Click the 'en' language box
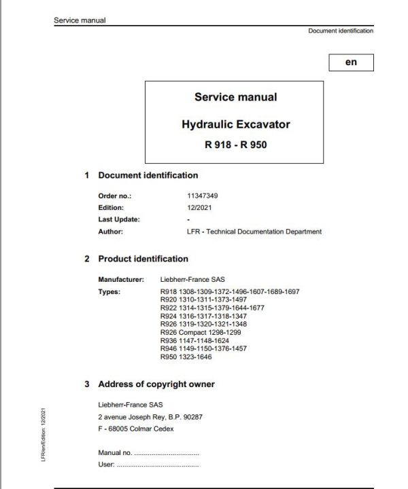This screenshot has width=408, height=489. pos(350,62)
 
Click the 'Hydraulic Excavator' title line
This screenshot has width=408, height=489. pos(236,124)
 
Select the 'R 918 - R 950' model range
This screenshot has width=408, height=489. pos(236,145)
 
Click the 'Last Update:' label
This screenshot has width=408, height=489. pos(118,219)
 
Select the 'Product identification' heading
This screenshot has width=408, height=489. pos(143,259)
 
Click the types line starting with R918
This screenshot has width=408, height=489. pos(229,291)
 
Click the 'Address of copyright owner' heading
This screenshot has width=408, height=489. pos(156,384)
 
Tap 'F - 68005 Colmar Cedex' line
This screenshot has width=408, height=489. pos(137,429)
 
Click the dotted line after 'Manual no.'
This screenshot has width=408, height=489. pos(167,453)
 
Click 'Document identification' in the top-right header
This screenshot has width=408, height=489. pos(340,31)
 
